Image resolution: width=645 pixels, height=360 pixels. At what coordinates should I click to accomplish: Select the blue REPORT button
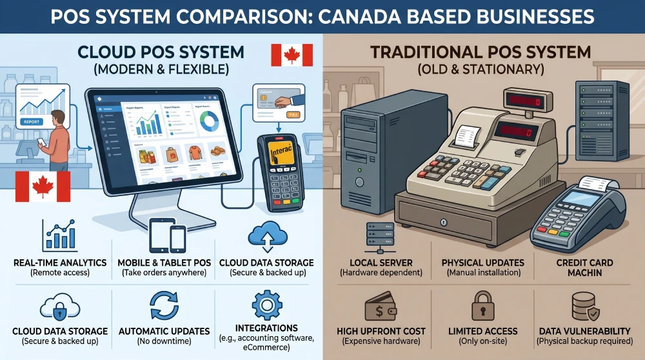pos(30,121)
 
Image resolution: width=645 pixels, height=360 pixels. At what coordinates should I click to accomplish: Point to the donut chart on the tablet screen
pos(210,120)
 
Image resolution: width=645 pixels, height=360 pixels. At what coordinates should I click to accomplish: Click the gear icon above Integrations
pos(267,303)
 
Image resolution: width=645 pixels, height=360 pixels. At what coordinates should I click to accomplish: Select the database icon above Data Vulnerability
pos(584,307)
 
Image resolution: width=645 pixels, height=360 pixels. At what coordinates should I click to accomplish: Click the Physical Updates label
pos(482,263)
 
